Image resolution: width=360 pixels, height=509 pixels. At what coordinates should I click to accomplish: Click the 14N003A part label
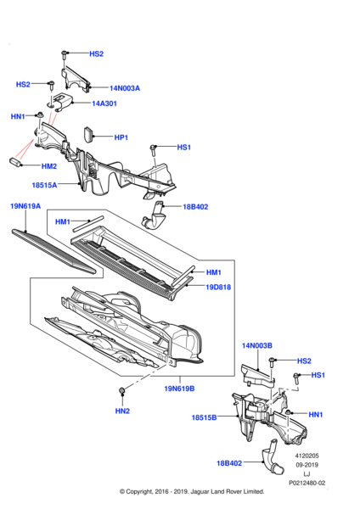125,88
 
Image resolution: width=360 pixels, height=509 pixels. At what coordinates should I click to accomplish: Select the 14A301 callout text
104,103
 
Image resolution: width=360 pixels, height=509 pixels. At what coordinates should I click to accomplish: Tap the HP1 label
121,137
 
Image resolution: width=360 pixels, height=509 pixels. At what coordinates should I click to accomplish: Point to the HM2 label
49,166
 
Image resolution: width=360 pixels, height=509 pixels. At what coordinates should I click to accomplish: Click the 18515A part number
44,185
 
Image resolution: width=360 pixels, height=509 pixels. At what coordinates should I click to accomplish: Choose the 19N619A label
25,206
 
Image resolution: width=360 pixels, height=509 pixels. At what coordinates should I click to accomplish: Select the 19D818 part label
218,287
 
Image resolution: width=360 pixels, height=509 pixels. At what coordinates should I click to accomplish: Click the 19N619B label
179,389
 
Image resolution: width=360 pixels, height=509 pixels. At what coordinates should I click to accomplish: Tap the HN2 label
122,411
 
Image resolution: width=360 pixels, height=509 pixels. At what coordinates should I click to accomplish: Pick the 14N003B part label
257,345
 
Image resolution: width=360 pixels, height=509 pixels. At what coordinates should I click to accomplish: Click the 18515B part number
204,417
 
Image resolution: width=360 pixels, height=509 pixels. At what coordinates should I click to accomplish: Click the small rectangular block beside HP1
88,134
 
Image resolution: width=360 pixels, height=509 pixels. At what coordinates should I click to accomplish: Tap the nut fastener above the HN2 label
122,390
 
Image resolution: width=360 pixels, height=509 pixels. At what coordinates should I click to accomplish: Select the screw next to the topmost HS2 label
65,55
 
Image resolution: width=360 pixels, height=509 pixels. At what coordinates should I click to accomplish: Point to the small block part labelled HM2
15,162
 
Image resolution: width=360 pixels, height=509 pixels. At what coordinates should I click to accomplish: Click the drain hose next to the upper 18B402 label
154,216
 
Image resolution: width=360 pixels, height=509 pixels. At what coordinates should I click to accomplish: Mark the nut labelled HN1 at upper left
40,115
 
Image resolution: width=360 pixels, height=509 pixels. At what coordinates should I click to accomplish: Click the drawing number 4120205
307,456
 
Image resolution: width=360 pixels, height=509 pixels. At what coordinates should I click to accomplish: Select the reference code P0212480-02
307,483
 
